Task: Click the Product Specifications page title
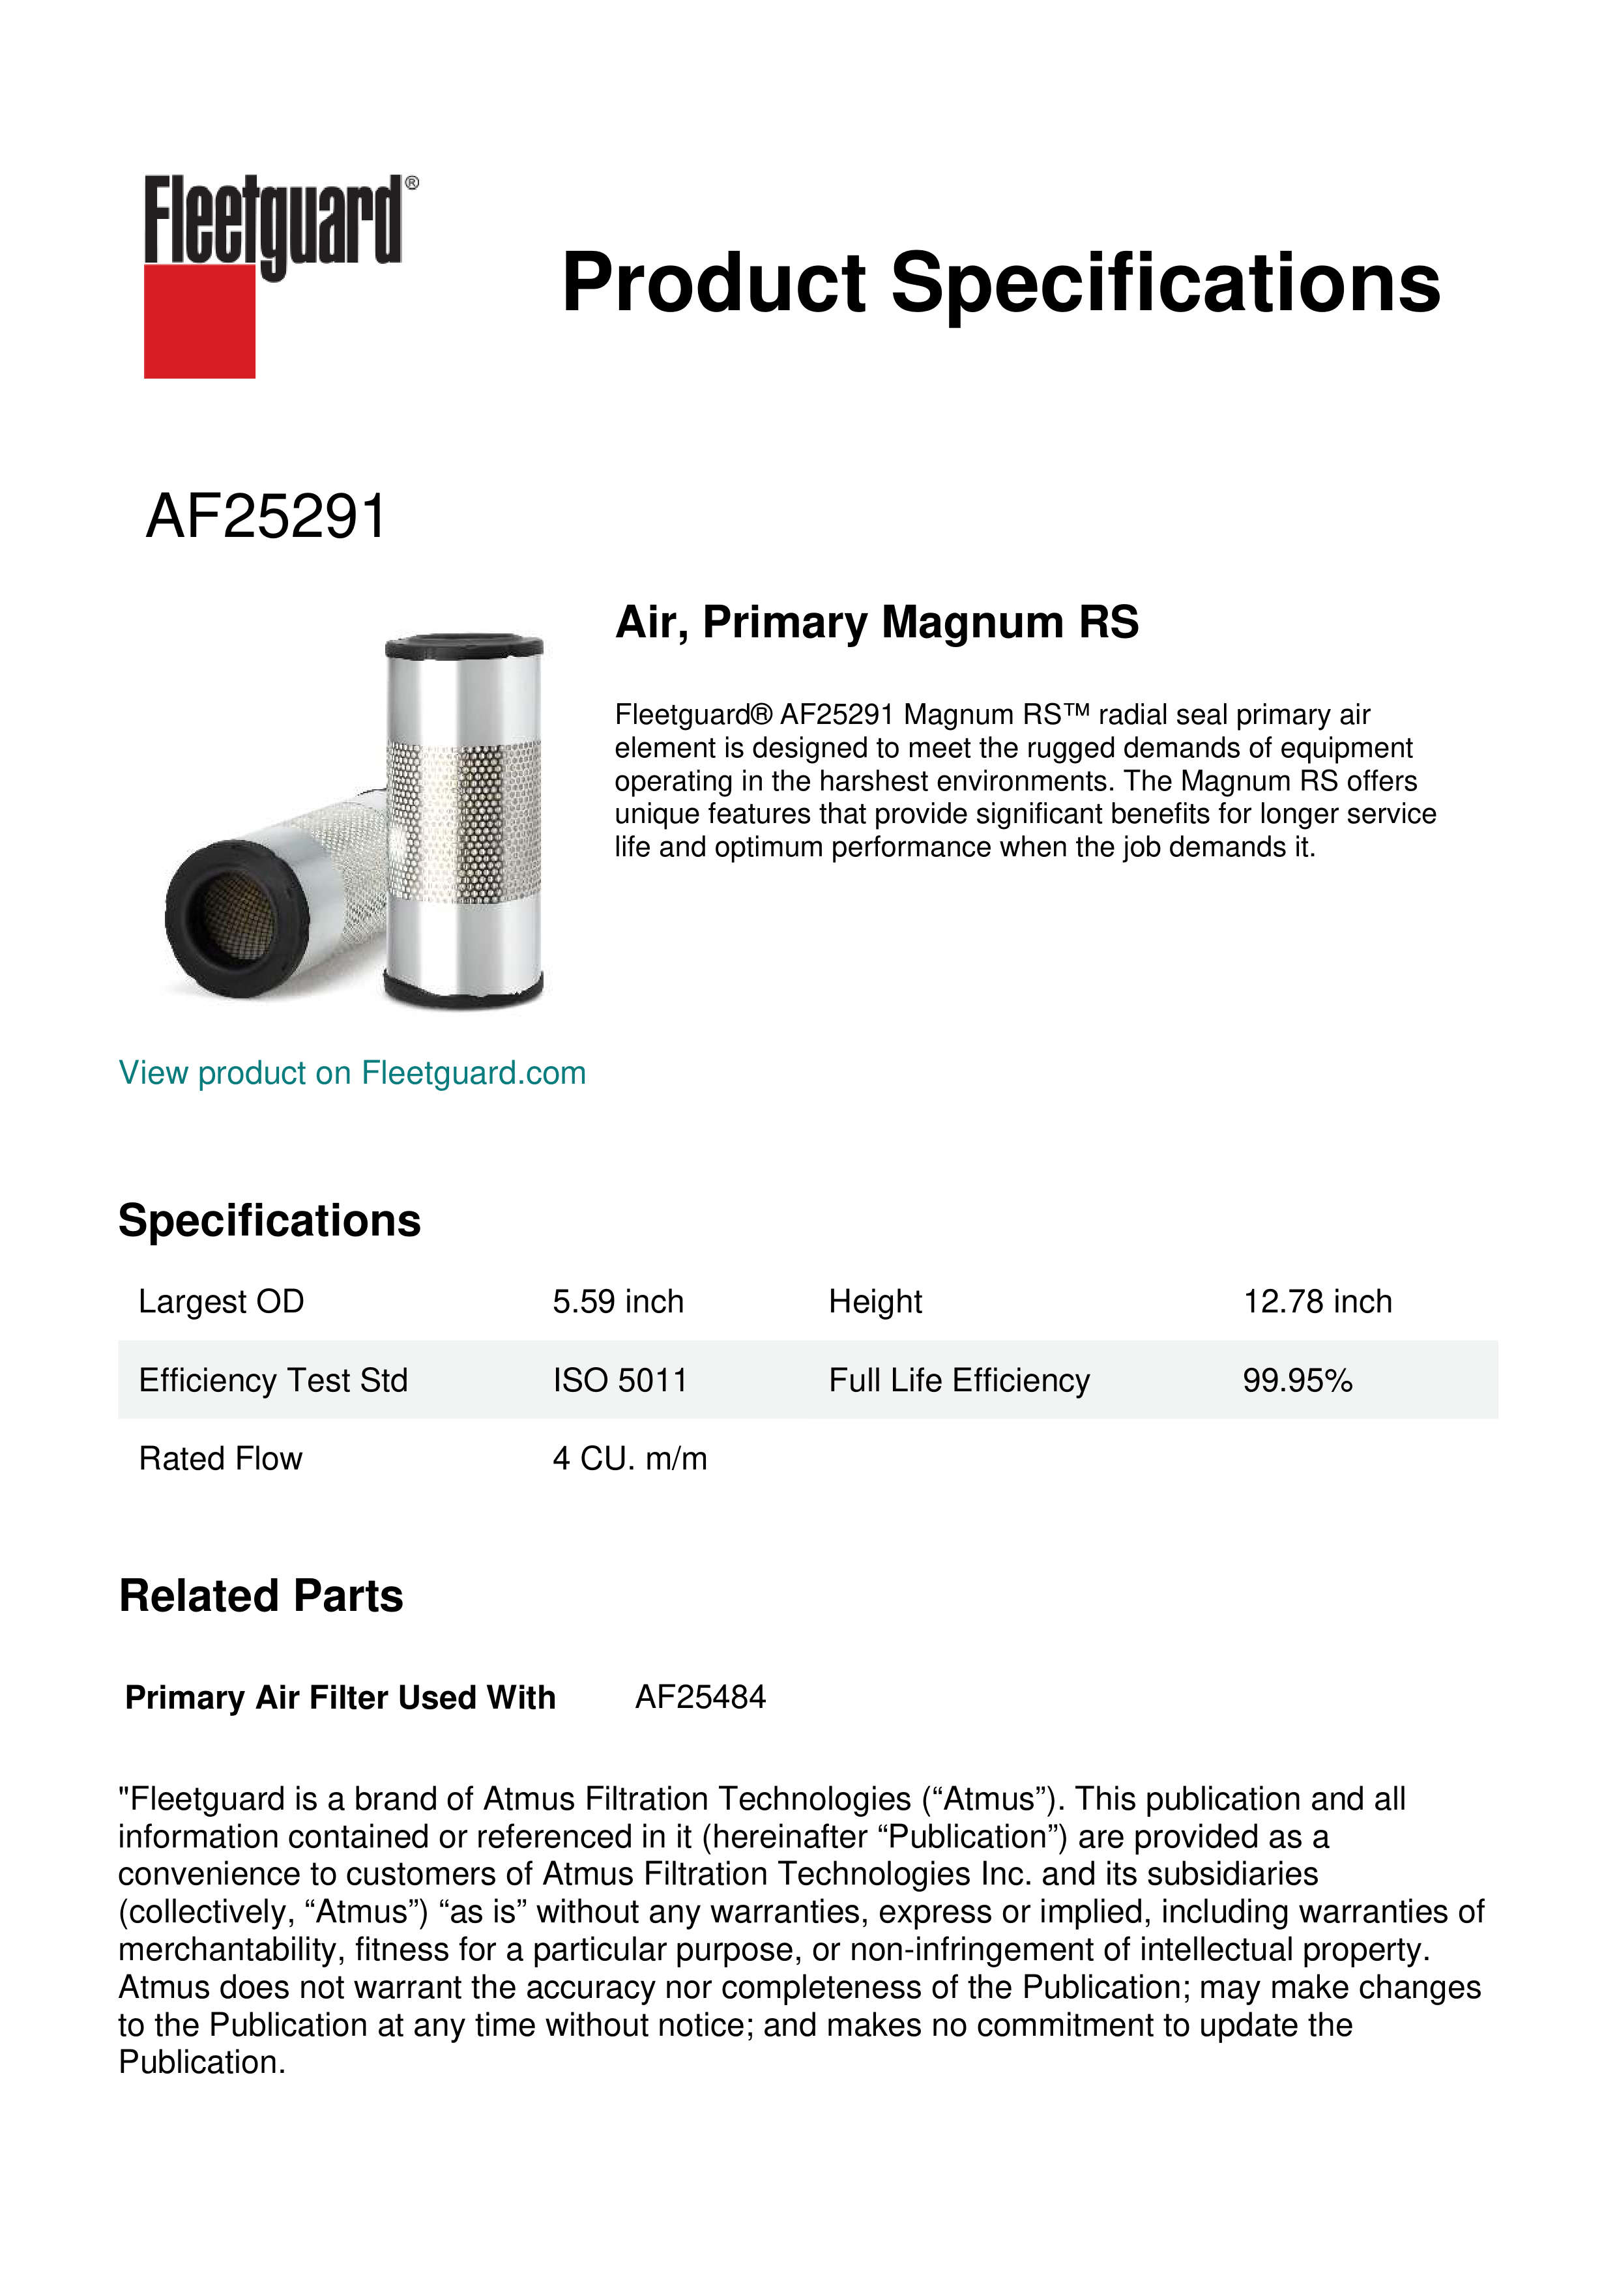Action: (1000, 283)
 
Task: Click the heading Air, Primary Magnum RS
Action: (876, 622)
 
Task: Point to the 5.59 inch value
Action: (619, 1301)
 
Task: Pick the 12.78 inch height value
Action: (1317, 1301)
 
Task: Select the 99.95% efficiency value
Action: (1298, 1380)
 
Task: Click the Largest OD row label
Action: (221, 1301)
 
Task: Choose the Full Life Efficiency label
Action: (959, 1380)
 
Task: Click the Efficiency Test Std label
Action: (273, 1380)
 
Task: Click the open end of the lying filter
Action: (234, 916)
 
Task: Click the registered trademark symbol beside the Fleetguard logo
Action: (412, 183)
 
